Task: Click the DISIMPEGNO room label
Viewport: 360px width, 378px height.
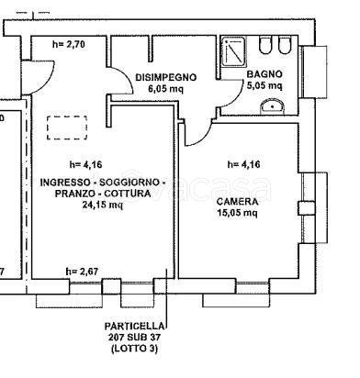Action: coord(165,77)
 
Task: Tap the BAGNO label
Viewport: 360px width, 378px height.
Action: coord(264,74)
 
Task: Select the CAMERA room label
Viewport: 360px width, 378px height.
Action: coord(237,202)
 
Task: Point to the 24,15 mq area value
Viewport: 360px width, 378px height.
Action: coord(103,205)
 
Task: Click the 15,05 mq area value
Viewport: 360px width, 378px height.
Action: coord(237,213)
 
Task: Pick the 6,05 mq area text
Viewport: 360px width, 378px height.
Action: coord(165,89)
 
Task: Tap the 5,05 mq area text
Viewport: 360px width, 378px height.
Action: coord(264,85)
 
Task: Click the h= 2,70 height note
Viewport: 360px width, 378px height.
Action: coord(69,44)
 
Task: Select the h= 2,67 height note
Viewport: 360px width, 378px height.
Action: coord(82,272)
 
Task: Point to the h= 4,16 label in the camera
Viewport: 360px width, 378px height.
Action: coord(243,164)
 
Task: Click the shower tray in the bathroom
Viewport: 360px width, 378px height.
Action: coord(233,51)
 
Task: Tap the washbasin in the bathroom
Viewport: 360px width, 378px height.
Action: coord(272,106)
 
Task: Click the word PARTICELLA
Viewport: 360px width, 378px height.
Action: coord(134,327)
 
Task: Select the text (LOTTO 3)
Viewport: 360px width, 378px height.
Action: coord(134,349)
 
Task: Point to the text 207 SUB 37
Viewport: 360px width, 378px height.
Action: coord(134,338)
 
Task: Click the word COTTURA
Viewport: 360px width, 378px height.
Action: coord(128,194)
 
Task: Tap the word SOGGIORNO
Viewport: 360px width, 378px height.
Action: coord(129,183)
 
